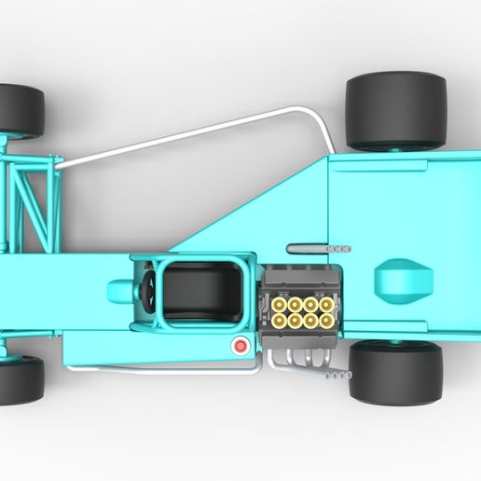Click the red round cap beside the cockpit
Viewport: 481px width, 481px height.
click(x=241, y=347)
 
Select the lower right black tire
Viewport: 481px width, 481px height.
click(x=394, y=371)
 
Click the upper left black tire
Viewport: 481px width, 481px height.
click(x=21, y=108)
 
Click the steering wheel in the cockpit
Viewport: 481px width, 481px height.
click(x=149, y=289)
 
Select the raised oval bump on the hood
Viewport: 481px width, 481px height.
click(x=403, y=280)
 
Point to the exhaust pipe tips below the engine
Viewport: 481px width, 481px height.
click(x=337, y=375)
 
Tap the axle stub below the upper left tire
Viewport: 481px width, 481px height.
click(x=7, y=144)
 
